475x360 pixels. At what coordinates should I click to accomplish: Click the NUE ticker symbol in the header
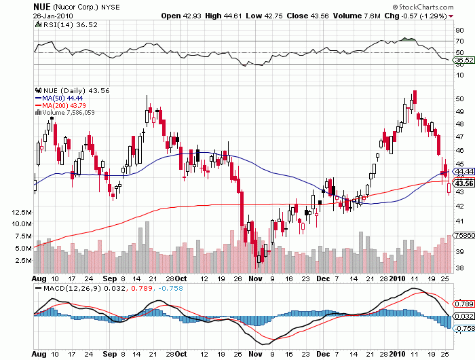click(x=42, y=6)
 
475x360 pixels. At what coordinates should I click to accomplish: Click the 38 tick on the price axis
click(x=459, y=268)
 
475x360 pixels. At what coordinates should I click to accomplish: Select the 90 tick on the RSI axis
click(x=459, y=31)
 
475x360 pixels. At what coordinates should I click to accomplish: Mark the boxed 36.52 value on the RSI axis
click(x=463, y=60)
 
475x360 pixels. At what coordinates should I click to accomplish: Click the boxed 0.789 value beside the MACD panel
click(x=464, y=304)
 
